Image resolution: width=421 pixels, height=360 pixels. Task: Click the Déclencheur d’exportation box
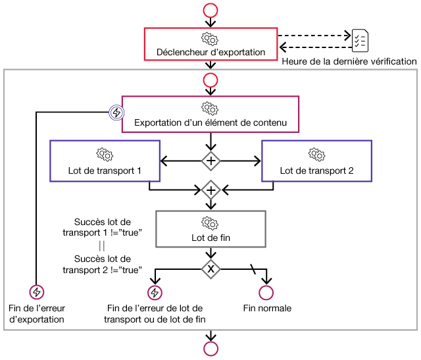[x=210, y=44]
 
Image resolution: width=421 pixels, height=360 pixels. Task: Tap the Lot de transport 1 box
[x=105, y=161]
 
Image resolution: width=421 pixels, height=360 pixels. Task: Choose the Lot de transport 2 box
[x=316, y=161]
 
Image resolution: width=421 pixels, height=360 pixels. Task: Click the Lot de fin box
[x=210, y=228]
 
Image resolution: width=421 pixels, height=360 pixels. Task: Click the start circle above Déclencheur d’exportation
[x=210, y=10]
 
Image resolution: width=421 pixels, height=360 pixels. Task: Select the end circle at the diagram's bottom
[x=210, y=349]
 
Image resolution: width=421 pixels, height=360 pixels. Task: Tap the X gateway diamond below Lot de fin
[x=210, y=268]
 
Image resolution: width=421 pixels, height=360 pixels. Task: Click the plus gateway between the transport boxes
[x=210, y=160]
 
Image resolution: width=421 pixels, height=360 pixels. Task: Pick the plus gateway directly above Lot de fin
[x=210, y=191]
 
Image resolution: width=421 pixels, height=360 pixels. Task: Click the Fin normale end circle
[x=266, y=292]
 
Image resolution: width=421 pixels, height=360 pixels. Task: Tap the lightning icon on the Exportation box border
[x=116, y=113]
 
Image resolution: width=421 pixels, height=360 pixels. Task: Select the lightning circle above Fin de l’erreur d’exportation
[x=37, y=292]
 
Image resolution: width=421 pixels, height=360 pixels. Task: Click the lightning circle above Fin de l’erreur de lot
[x=155, y=292]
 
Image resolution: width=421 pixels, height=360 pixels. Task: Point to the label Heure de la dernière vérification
[x=349, y=61]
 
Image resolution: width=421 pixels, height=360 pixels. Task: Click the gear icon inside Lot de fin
[x=210, y=222]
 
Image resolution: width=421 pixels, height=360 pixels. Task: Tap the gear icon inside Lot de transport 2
[x=316, y=153]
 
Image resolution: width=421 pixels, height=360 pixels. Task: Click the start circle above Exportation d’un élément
[x=210, y=80]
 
